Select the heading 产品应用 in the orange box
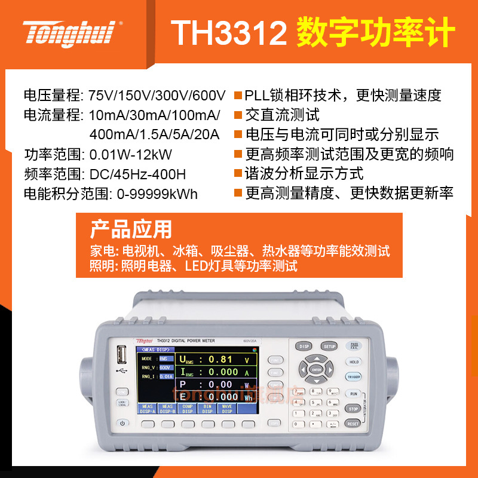pyautogui.click(x=131, y=229)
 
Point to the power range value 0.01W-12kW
pyautogui.click(x=130, y=155)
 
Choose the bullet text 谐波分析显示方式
pyautogui.click(x=304, y=174)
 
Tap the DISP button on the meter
pyautogui.click(x=304, y=346)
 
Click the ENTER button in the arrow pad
pyautogui.click(x=317, y=370)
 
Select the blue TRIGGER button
pyautogui.click(x=353, y=377)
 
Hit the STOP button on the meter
pyautogui.click(x=353, y=409)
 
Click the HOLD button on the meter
pyautogui.click(x=354, y=361)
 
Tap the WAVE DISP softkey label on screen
pyautogui.click(x=227, y=409)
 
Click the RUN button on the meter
pyautogui.click(x=353, y=394)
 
